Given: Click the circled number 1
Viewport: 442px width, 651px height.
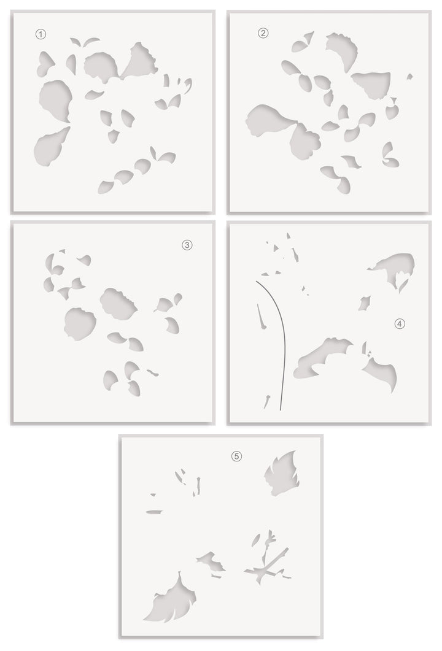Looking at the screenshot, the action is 41,34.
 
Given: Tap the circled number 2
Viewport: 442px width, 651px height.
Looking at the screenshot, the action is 263,33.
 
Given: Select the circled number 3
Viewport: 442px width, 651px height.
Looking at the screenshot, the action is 187,245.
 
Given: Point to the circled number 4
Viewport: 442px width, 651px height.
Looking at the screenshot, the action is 399,323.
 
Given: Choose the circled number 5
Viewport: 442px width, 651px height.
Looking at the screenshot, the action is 236,456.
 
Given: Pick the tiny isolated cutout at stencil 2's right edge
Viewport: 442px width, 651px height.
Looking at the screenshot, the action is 409,77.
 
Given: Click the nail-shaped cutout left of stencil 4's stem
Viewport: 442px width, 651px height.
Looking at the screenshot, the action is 262,317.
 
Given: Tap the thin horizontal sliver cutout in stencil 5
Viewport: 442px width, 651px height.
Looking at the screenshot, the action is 155,512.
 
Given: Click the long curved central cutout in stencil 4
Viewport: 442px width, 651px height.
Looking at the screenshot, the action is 320,358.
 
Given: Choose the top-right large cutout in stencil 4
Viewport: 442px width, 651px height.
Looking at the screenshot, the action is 392,268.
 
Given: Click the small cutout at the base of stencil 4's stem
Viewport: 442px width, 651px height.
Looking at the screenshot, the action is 266,401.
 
